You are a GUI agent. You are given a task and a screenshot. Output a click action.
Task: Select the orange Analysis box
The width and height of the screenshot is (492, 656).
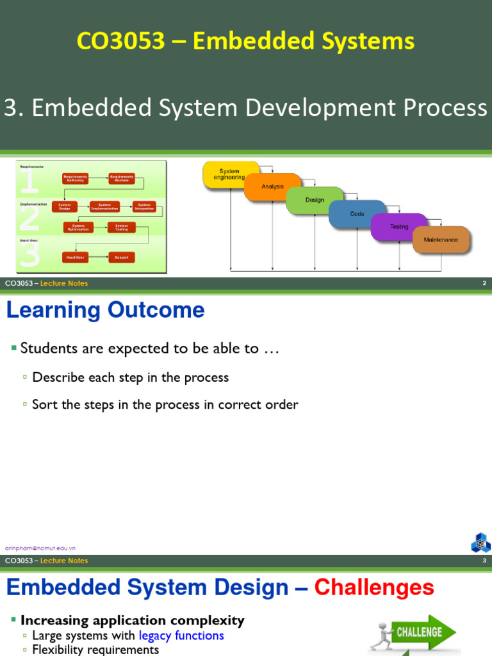tap(272, 187)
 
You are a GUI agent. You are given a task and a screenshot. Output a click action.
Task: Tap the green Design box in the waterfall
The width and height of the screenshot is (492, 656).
tap(315, 200)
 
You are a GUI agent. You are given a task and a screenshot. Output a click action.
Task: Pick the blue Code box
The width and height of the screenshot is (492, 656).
tap(357, 214)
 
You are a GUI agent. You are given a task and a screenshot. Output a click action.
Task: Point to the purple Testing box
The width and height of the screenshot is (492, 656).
tap(399, 227)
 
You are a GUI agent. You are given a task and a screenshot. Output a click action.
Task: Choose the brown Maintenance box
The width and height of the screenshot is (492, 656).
tap(441, 240)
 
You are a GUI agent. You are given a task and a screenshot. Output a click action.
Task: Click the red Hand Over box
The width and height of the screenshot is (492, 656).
tap(75, 257)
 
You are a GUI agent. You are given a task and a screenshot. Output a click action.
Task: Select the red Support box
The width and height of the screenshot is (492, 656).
tap(121, 257)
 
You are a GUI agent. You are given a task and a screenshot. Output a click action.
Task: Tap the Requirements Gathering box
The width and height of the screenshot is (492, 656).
tap(76, 178)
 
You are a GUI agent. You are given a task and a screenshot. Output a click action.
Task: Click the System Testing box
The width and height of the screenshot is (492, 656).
tap(121, 227)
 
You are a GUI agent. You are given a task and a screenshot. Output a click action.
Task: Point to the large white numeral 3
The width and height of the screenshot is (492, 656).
tap(30, 254)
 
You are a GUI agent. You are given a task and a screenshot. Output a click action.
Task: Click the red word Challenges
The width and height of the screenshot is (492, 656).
tap(374, 587)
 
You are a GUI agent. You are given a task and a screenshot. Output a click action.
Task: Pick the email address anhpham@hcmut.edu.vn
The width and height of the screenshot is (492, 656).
tap(40, 548)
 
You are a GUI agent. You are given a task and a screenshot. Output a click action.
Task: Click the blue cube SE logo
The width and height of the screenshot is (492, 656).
tap(480, 543)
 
